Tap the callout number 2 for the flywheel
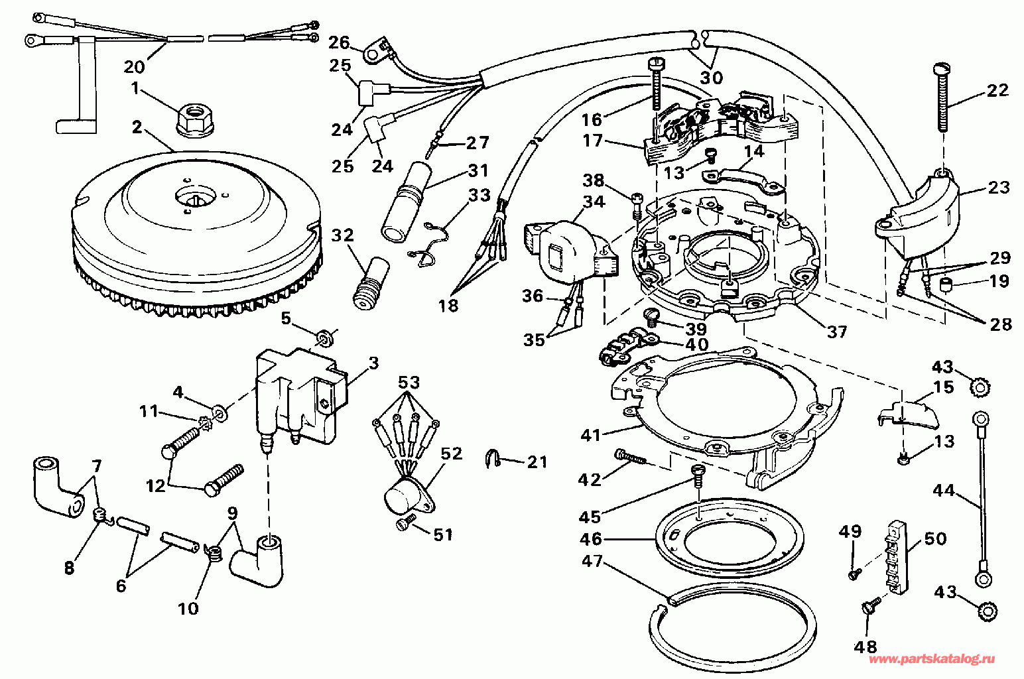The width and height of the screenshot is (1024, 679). [137, 127]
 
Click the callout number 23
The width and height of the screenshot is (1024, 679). [998, 188]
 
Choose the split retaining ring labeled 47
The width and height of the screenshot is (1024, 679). [732, 630]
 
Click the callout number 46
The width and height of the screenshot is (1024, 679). [591, 538]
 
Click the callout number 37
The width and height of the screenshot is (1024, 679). [837, 332]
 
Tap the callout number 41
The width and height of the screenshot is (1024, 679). [590, 436]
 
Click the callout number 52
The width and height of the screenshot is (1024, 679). [452, 454]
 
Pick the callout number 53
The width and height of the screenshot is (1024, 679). [409, 382]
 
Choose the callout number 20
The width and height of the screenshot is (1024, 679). [135, 67]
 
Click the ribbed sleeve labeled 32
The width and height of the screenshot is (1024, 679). [371, 283]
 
